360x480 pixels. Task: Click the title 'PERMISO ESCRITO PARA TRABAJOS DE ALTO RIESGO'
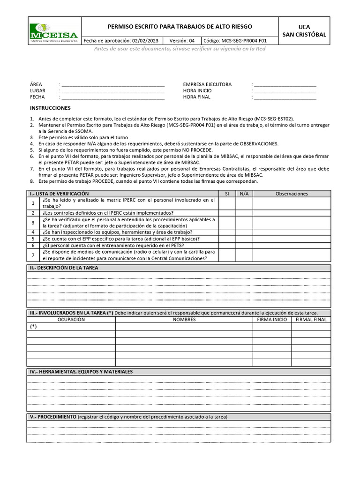click(x=180, y=27)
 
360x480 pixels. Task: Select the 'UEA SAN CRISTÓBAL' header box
click(x=304, y=31)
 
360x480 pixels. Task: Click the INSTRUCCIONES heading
click(x=50, y=108)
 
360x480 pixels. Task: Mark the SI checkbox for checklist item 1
click(x=227, y=203)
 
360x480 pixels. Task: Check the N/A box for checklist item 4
click(x=244, y=232)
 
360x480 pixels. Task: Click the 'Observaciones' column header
click(x=292, y=194)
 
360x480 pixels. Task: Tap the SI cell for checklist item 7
click(x=227, y=255)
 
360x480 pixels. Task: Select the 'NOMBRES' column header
click(x=184, y=319)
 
